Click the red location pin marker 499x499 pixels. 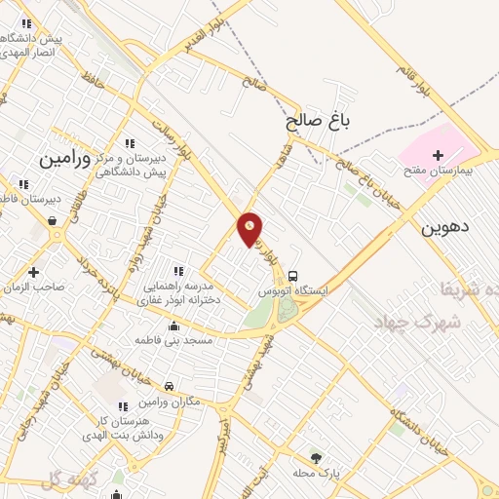tap(250, 228)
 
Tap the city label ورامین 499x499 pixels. tap(65, 157)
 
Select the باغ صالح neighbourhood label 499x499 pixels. tap(317, 121)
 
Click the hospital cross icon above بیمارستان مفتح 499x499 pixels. tap(437, 155)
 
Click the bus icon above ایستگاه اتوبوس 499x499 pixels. tap(293, 276)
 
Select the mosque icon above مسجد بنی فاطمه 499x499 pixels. tap(173, 326)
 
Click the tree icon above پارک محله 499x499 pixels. tap(315, 457)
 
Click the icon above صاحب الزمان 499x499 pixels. tap(34, 272)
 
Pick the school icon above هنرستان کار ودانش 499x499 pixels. tap(123, 406)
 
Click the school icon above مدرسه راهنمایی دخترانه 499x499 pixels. tap(177, 270)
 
